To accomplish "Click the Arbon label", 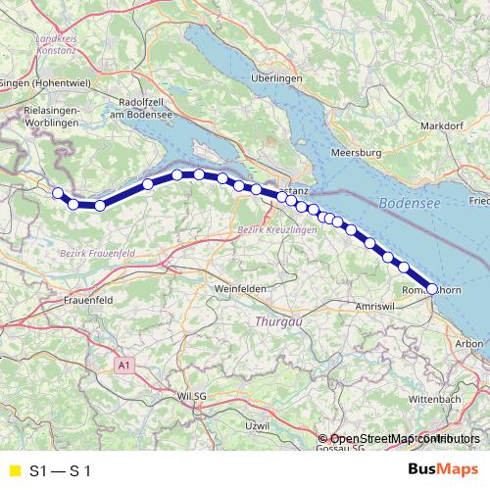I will coord(470,343).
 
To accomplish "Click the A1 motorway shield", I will coord(122,365).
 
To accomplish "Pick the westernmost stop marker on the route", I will coord(58,193).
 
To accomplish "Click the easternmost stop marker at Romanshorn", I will coord(431,288).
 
